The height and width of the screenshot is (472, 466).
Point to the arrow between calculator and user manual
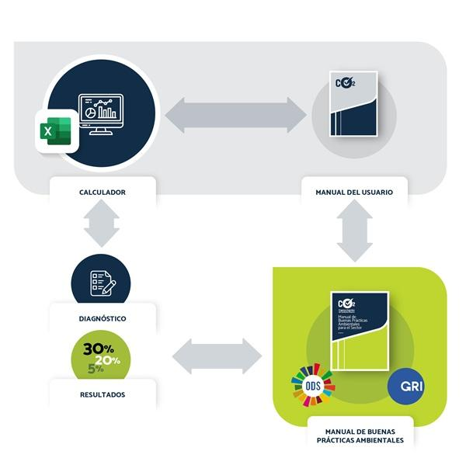pyautogui.click(x=236, y=113)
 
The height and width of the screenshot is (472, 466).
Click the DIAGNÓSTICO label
pyautogui.click(x=102, y=318)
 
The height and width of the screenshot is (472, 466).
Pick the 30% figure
pyautogui.click(x=98, y=348)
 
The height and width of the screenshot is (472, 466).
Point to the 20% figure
pyautogui.click(x=108, y=360)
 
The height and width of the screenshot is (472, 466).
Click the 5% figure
pyautogui.click(x=95, y=369)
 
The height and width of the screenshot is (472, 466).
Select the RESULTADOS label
pyautogui.click(x=102, y=394)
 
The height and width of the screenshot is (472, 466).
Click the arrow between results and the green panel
pyautogui.click(x=217, y=356)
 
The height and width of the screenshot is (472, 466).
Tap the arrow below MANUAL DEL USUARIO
pyautogui.click(x=354, y=231)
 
